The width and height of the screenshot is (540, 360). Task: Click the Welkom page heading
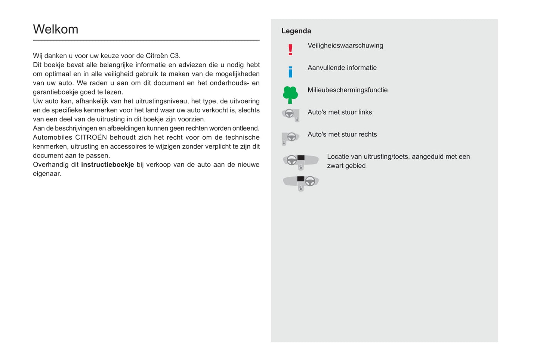pos(56,29)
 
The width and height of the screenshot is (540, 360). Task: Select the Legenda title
pos(296,31)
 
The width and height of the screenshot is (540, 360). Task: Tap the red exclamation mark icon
pos(290,50)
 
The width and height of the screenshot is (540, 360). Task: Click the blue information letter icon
pos(290,72)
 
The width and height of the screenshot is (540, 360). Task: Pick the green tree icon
pos(290,94)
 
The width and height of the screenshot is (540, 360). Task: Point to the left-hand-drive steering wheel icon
pos(291,115)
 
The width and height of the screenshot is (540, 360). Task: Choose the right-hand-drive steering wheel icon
pos(290,138)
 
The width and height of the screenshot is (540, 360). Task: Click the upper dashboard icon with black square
pos(300,161)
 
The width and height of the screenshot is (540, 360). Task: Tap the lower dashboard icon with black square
pos(300,183)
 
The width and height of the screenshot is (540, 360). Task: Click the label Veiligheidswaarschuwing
pos(345,46)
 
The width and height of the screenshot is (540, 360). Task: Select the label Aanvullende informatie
pos(342,68)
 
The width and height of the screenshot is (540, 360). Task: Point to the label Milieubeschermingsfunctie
pos(347,90)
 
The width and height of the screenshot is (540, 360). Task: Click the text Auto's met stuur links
pos(339,112)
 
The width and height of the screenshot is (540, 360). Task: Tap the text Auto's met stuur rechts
pos(342,134)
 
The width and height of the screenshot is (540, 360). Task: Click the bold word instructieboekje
pos(107,165)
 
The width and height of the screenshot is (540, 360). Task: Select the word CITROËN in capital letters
pos(91,137)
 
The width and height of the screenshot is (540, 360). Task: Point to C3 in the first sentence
pos(175,56)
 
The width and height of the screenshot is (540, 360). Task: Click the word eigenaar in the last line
pos(46,174)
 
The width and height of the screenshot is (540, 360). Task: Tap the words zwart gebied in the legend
pos(346,166)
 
